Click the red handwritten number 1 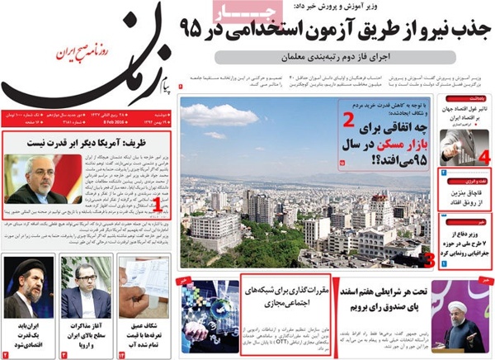157,203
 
